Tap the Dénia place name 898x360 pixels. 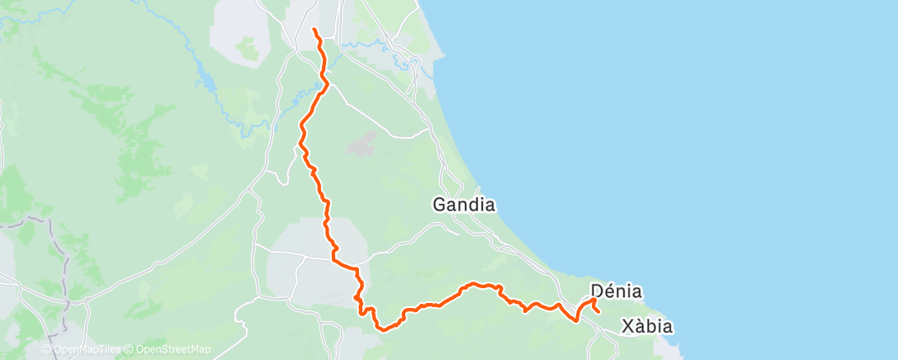tap(617, 291)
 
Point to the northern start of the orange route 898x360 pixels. tap(314, 30)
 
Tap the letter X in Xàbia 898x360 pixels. tap(625, 325)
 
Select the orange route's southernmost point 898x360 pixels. tap(382, 329)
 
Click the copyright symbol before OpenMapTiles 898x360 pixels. tap(45, 349)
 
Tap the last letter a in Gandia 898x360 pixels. tap(489, 205)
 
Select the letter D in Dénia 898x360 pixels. tap(598, 291)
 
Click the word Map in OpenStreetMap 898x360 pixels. tap(199, 349)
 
